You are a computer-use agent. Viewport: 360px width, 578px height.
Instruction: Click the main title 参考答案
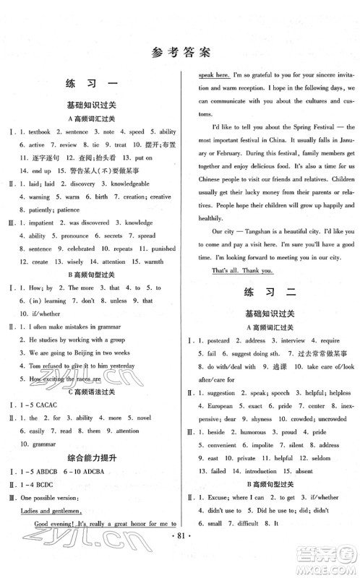179,51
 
